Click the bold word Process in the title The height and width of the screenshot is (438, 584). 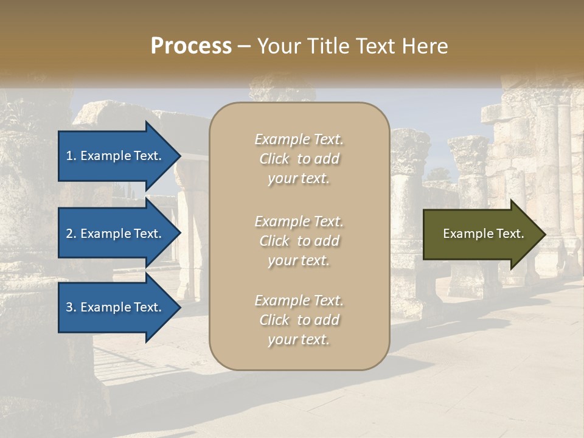(191, 46)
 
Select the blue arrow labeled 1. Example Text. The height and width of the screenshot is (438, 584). (116, 156)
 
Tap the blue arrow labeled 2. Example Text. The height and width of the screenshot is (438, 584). (116, 234)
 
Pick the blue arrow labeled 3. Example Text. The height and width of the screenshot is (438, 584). (116, 307)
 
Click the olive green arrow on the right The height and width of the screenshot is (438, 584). (481, 234)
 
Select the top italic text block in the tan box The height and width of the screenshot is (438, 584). (299, 159)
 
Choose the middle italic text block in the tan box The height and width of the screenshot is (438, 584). (299, 241)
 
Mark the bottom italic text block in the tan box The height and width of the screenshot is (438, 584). (299, 320)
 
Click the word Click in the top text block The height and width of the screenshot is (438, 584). (274, 159)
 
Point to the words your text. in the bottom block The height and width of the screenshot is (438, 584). (299, 339)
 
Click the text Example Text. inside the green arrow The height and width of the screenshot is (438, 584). (483, 234)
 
